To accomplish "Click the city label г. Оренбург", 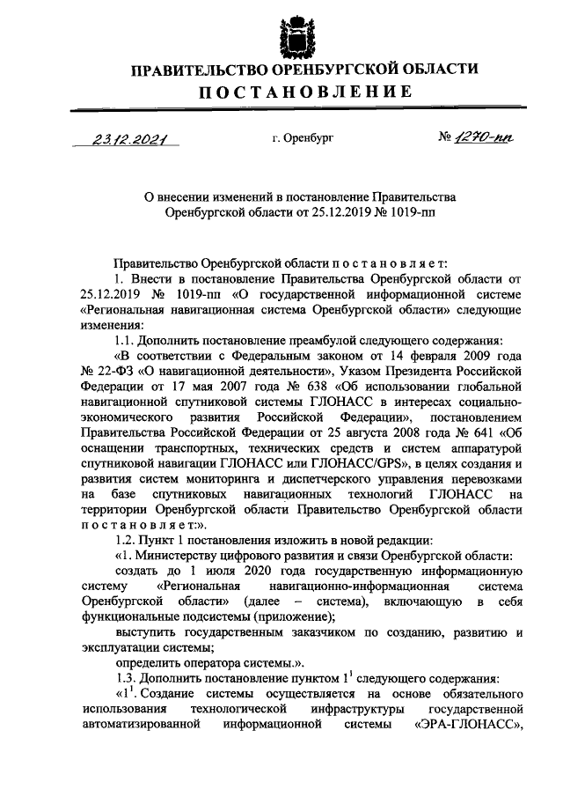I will pos(303,138).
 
